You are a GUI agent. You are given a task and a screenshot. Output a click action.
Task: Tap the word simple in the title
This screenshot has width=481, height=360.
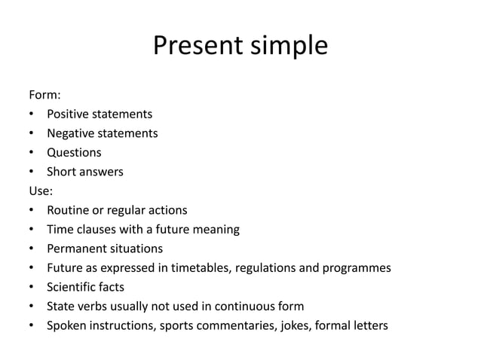(x=286, y=47)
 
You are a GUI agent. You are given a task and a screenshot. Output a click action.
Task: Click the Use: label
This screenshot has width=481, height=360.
(x=41, y=191)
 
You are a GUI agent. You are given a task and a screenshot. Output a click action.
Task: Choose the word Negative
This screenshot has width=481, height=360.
(x=72, y=133)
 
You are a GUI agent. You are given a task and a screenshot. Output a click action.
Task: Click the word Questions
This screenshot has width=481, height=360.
(x=74, y=152)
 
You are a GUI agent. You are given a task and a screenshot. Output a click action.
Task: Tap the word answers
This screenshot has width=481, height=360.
(x=103, y=172)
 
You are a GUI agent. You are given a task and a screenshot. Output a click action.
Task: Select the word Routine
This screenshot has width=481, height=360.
(x=69, y=210)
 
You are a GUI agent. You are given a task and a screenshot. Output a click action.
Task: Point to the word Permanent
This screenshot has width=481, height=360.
(x=78, y=249)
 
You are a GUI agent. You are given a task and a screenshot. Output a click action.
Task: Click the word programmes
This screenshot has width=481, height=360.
(x=354, y=267)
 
